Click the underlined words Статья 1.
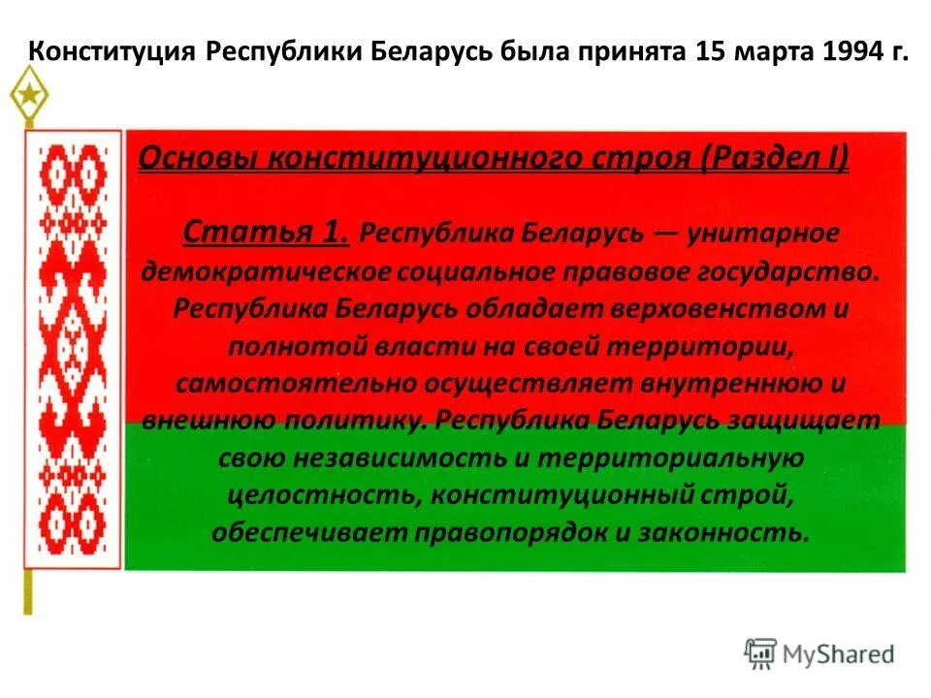tap(266, 232)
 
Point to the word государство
tap(788, 270)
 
